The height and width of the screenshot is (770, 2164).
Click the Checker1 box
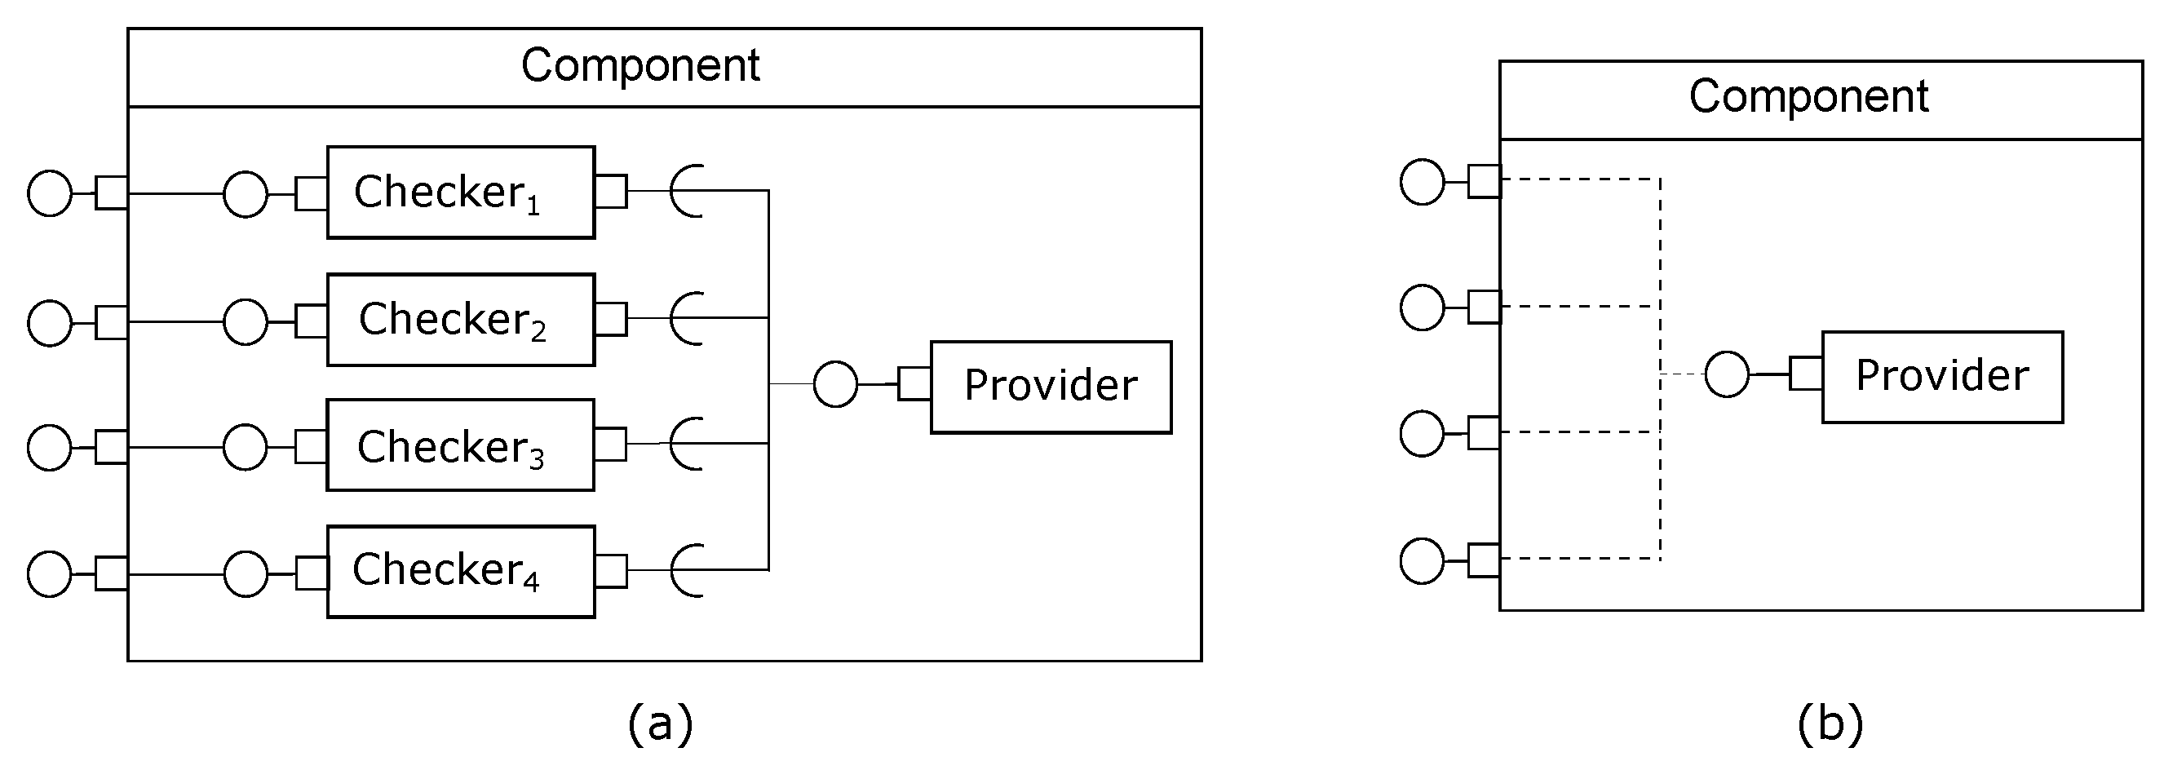click(460, 192)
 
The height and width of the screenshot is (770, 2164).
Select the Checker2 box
click(460, 319)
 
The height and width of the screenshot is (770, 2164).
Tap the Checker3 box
click(460, 445)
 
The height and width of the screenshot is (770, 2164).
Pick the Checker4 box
click(460, 571)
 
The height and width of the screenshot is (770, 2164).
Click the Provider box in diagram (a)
click(1050, 387)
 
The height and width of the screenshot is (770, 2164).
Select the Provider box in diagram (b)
click(1941, 376)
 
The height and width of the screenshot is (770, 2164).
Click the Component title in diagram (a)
click(640, 65)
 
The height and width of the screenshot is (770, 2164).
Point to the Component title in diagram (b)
click(1808, 96)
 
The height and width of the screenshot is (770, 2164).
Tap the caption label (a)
click(660, 722)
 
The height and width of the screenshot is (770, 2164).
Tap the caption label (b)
click(1830, 722)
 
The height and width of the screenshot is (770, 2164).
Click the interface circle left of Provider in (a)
click(835, 384)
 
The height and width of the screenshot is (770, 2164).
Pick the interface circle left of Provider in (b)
click(1726, 374)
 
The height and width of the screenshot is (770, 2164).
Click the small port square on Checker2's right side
click(611, 319)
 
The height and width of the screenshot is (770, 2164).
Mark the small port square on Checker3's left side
click(311, 446)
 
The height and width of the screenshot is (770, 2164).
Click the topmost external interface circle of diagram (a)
click(50, 193)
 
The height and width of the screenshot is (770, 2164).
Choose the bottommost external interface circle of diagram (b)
click(1422, 560)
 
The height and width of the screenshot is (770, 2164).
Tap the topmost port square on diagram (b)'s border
click(1484, 181)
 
